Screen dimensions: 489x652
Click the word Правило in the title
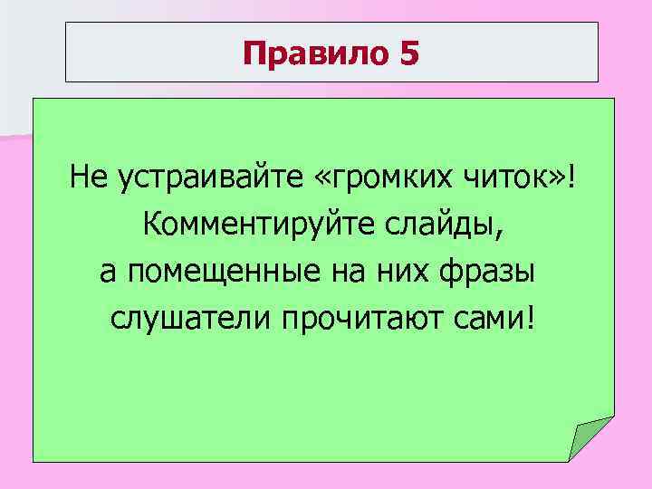pyautogui.click(x=313, y=54)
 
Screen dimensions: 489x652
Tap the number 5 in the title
pyautogui.click(x=408, y=54)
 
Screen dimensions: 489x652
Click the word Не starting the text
pyautogui.click(x=87, y=179)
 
